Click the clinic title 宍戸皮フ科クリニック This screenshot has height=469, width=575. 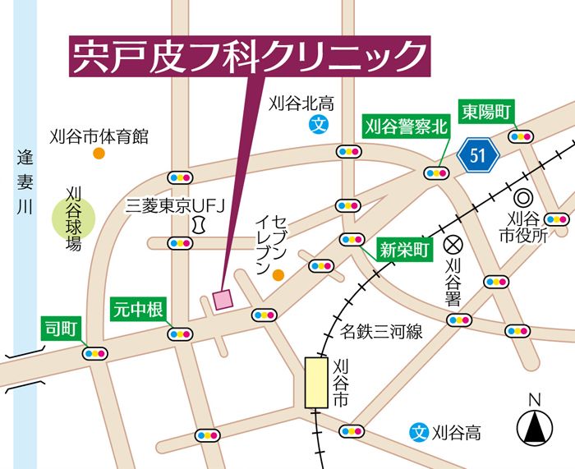point(248,57)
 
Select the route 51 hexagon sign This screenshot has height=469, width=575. point(478,154)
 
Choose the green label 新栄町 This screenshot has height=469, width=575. point(404,251)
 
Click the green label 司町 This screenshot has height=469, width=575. point(60,329)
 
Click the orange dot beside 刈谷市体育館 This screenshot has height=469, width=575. point(99,154)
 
